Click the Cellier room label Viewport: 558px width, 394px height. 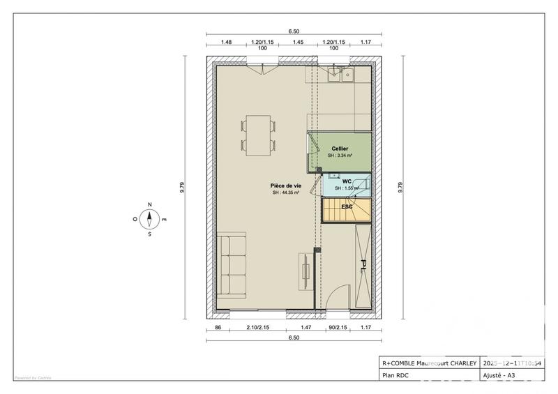point(340,149)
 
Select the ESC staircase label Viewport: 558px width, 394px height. point(347,207)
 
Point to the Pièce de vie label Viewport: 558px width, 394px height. point(285,185)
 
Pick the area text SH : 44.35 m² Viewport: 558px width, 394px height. point(286,193)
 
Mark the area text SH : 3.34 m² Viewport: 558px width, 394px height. point(340,156)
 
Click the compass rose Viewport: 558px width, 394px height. point(149,218)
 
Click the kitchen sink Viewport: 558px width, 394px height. point(345,74)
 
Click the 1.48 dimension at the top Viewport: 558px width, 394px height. point(226,42)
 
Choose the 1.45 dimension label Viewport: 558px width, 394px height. point(298,42)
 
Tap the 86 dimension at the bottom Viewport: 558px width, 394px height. point(218,326)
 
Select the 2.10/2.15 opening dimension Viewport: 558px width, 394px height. point(257,326)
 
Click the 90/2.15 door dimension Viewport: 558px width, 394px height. point(336,326)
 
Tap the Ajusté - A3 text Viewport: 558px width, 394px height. point(501,375)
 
